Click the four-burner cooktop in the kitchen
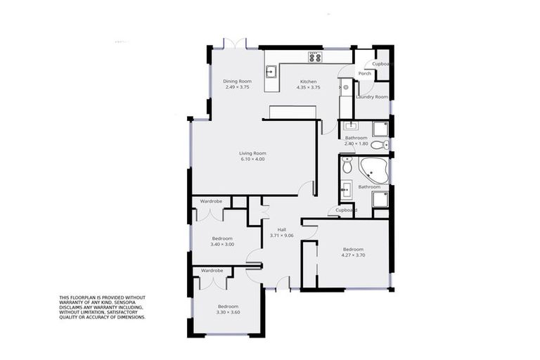(314, 57)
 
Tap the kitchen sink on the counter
(270, 70)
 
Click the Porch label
(364, 73)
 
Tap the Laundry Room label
(372, 96)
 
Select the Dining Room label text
(238, 81)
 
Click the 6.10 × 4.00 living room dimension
(252, 159)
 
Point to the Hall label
(281, 229)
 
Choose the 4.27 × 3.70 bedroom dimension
(353, 255)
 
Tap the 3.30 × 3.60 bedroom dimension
(227, 312)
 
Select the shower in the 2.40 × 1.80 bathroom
(380, 128)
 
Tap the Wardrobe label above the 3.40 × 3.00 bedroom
(211, 201)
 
